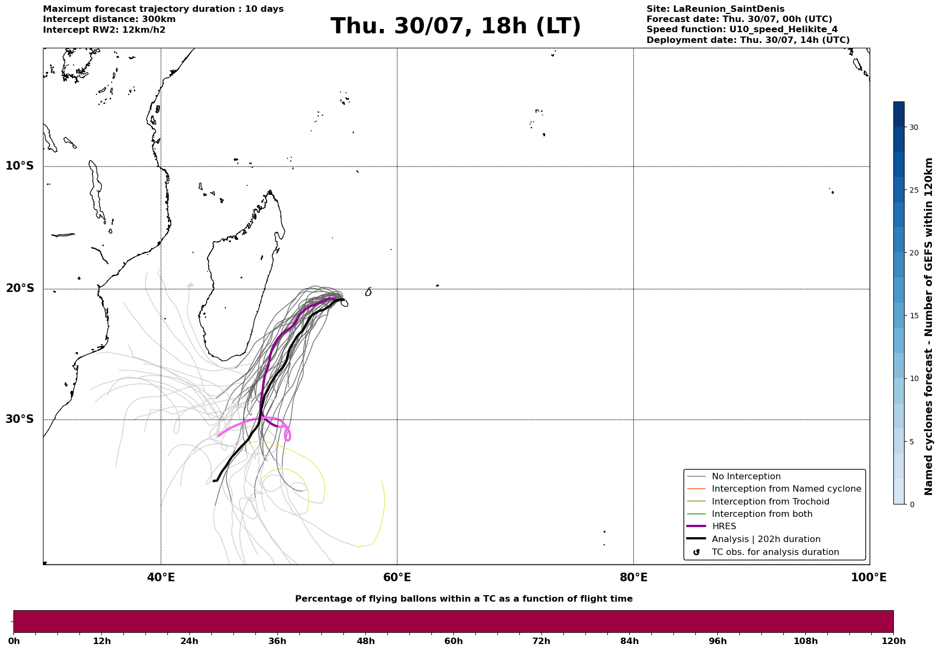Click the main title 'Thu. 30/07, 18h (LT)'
[456, 26]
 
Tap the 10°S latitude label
[20, 166]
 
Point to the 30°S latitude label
[20, 419]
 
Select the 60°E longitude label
[397, 577]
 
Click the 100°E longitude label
[869, 577]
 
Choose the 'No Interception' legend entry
[746, 477]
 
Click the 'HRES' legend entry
[724, 526]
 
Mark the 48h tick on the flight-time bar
[366, 641]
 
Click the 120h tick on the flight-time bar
[893, 641]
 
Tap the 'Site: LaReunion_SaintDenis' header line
[715, 9]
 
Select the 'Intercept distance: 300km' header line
[109, 19]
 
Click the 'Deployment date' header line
[748, 40]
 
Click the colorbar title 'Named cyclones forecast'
[929, 326]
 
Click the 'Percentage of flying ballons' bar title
[464, 599]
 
